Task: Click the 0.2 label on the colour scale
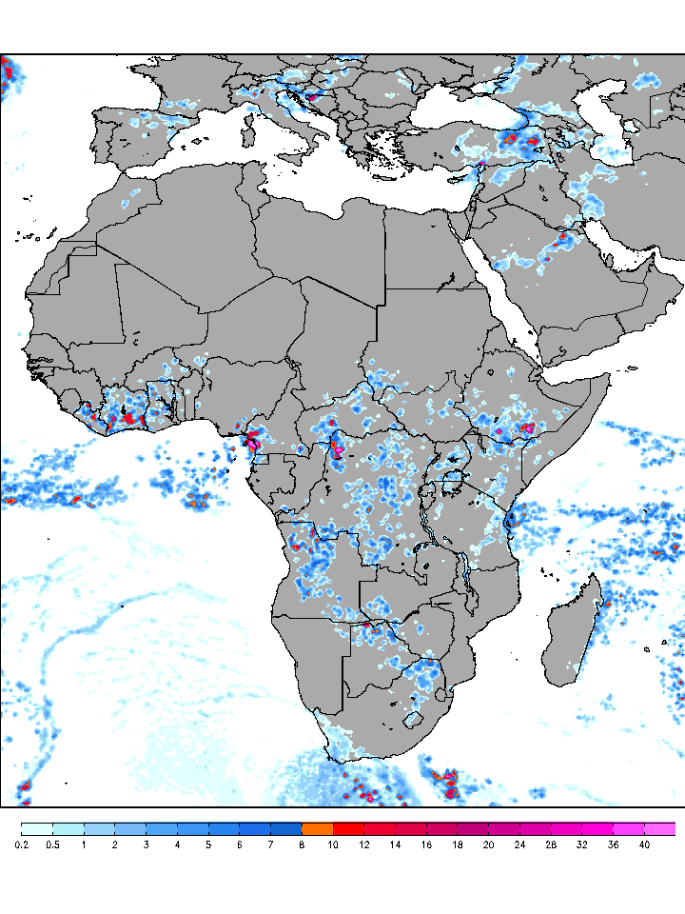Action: (x=22, y=844)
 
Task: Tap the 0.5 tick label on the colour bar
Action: (x=53, y=844)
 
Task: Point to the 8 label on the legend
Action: (x=303, y=844)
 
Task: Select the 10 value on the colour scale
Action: (x=333, y=844)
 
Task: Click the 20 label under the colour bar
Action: (x=488, y=844)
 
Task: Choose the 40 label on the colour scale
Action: (x=644, y=844)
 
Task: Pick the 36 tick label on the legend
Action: (x=613, y=844)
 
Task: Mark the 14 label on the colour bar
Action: (x=395, y=844)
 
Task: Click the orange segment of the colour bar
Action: (x=317, y=829)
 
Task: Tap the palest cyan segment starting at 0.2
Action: (x=37, y=829)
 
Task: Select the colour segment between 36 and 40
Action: (x=628, y=829)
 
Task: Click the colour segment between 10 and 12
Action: (x=348, y=829)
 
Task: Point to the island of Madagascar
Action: (x=577, y=633)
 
